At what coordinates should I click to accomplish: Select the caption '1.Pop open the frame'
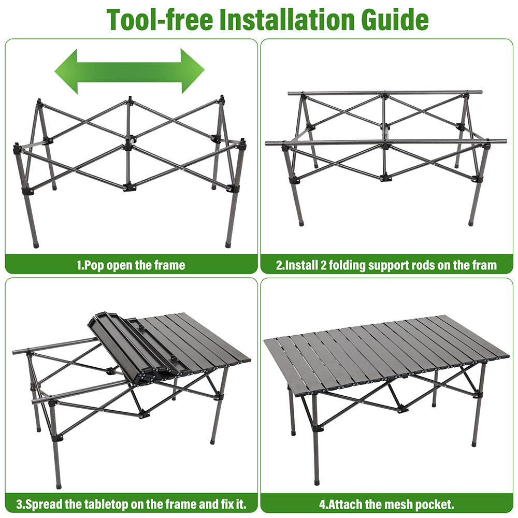(x=131, y=266)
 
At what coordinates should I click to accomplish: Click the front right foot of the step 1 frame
(x=228, y=243)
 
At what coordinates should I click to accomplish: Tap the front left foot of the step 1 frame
(x=35, y=243)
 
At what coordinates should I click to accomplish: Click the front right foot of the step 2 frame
(x=471, y=223)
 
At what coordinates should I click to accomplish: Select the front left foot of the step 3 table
(x=58, y=486)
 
